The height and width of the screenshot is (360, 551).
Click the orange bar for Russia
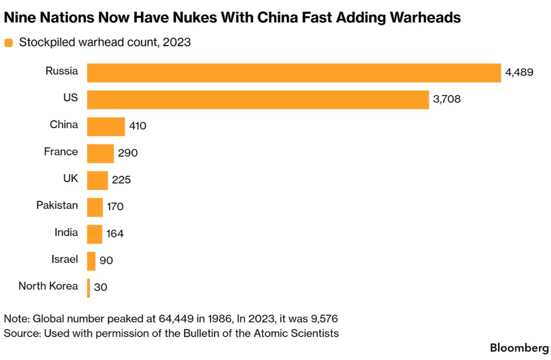[x=294, y=73]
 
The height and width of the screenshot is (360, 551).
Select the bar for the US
[x=257, y=100]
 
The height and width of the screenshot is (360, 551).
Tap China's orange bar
[x=106, y=127]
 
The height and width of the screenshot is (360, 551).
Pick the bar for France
[x=100, y=154]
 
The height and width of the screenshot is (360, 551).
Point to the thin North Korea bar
[x=89, y=288]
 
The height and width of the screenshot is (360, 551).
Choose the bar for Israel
[x=91, y=261]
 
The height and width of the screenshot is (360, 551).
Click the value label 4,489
[x=519, y=72]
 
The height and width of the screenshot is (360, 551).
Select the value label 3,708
[x=447, y=99]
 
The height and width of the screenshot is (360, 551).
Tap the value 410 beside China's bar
[x=137, y=126]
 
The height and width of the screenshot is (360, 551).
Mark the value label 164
[x=115, y=233]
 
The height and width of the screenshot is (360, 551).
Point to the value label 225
[x=121, y=180]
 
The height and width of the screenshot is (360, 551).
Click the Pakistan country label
[x=57, y=205]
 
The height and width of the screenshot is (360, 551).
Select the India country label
[x=66, y=232]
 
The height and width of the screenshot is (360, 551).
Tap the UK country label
[x=71, y=178]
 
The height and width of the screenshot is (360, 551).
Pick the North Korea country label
[x=48, y=286]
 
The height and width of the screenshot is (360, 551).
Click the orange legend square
[x=8, y=43]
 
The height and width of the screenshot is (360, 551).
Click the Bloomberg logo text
[x=519, y=348]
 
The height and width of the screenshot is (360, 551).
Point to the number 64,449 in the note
[x=176, y=319]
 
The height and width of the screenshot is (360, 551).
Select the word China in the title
[x=277, y=18]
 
